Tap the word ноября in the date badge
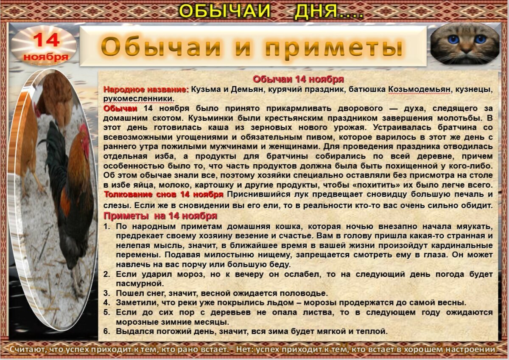click(x=46, y=56)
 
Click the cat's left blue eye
click(x=453, y=39)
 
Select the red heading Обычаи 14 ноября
click(x=298, y=79)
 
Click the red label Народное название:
click(x=146, y=90)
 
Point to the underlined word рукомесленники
click(x=138, y=98)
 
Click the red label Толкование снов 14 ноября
click(x=164, y=194)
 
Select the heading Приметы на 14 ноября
click(x=160, y=216)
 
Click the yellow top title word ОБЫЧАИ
click(x=225, y=11)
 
